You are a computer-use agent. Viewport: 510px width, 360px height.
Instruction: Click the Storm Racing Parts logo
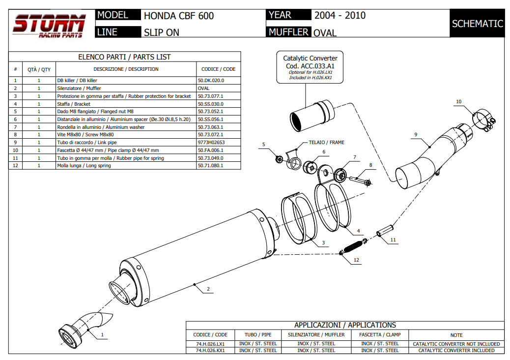49,26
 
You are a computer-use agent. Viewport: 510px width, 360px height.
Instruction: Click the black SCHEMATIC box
477,24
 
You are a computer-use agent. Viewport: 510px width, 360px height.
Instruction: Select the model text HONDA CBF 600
179,16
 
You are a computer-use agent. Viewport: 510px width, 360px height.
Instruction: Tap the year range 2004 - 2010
340,15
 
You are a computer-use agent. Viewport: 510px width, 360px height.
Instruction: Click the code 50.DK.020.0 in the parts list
211,80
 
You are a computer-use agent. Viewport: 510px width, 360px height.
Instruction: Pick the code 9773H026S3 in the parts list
211,143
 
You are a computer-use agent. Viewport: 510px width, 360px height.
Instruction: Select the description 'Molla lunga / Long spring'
84,166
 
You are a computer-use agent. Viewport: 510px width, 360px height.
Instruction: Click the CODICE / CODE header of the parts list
218,69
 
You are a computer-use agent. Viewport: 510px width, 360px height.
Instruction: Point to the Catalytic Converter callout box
310,68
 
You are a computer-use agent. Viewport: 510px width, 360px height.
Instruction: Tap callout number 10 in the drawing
458,102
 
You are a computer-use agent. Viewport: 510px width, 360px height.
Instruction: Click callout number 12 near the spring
356,260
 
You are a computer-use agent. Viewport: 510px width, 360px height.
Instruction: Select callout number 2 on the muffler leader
208,289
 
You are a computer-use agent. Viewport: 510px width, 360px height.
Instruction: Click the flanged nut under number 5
279,158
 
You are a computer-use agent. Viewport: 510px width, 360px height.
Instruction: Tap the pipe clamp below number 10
482,120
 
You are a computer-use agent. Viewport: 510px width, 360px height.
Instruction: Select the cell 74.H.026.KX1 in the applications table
211,351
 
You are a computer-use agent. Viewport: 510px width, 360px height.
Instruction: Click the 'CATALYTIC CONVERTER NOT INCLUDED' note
456,344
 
